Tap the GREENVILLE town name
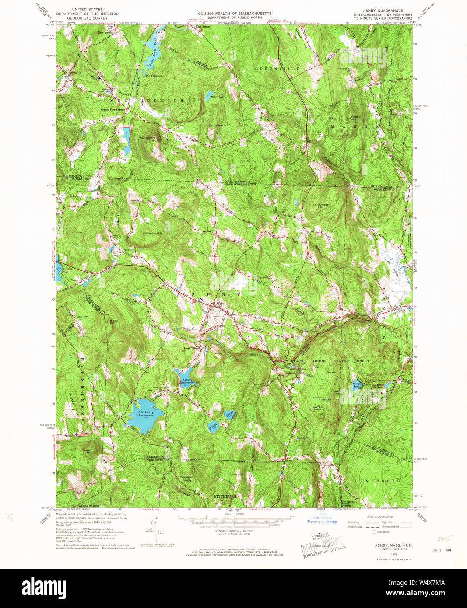point(277,69)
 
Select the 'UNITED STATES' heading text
point(88,9)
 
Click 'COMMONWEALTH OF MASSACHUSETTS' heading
point(235,14)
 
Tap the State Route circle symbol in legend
point(374,532)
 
